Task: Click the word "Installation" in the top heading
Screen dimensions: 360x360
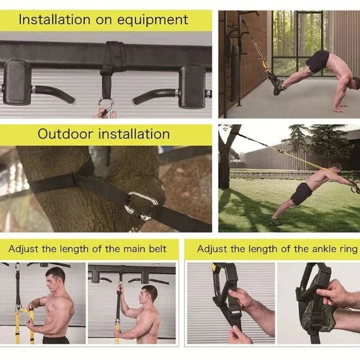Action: click(x=53, y=19)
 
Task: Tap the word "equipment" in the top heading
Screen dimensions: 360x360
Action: click(x=158, y=19)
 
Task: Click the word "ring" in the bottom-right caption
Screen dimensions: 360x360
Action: click(x=346, y=249)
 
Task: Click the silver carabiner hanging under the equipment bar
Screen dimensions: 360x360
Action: click(x=105, y=105)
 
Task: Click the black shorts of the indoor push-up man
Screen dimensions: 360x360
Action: click(x=317, y=61)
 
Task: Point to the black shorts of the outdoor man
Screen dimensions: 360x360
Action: click(x=303, y=193)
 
